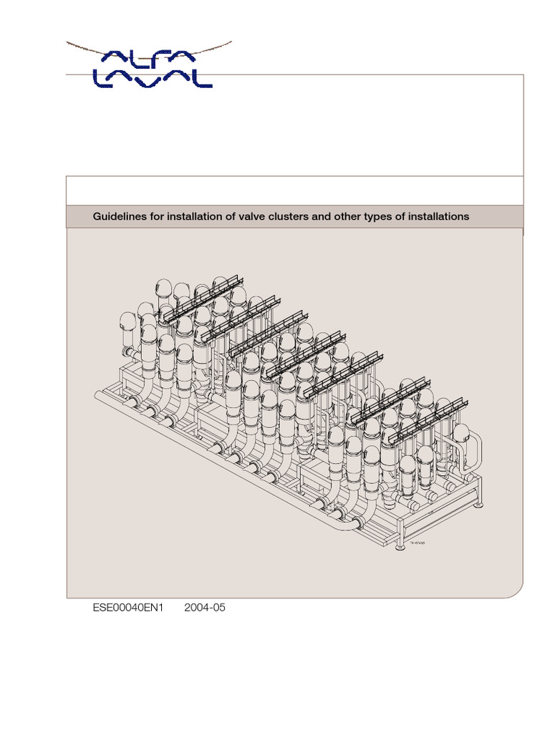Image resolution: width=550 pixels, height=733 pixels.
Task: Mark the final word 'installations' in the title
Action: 438,216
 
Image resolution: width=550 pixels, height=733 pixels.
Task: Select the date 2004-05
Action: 205,608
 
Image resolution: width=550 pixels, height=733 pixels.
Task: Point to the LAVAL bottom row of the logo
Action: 153,78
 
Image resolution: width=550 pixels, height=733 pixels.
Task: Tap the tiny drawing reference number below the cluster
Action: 417,543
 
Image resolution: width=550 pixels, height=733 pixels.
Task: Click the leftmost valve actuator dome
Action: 128,322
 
